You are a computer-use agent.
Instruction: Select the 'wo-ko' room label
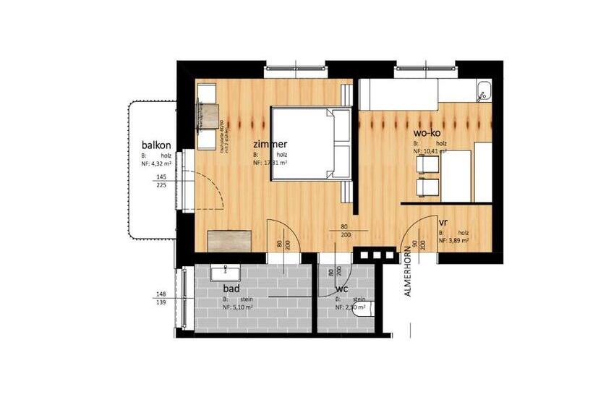pos(427,134)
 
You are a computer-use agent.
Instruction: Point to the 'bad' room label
pos(231,289)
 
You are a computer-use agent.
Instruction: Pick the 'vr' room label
pos(443,222)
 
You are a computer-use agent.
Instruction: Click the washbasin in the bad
pos(225,272)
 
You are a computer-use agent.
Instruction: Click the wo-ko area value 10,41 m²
pos(431,153)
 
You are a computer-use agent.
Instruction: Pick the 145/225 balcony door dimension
pos(161,181)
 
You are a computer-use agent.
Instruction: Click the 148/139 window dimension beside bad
pos(161,299)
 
